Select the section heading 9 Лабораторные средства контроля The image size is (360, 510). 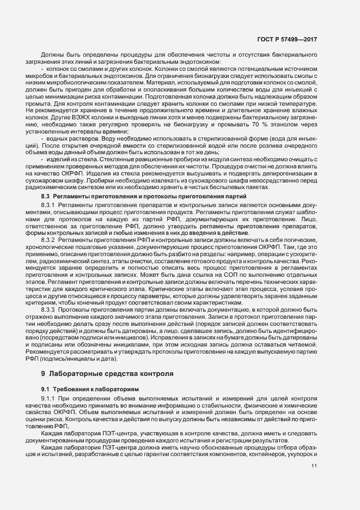pyautogui.click(x=107, y=374)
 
